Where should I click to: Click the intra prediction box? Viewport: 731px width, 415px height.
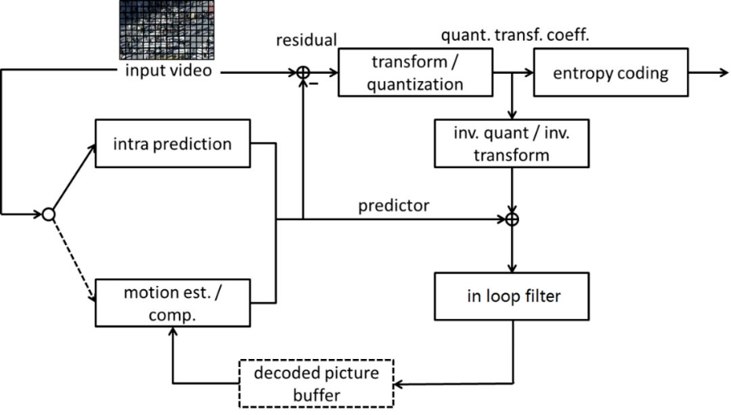171,145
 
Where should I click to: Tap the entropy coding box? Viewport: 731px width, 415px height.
611,72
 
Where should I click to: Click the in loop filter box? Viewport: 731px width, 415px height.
513,296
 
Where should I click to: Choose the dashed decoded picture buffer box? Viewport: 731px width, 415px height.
316,383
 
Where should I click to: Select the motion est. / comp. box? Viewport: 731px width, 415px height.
171,302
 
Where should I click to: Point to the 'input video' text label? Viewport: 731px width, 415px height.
167,71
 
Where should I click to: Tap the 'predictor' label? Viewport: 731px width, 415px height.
394,205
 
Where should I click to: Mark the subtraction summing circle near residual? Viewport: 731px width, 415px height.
303,72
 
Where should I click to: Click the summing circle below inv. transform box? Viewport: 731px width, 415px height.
513,219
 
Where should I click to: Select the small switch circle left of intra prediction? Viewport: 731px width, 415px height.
48,214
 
